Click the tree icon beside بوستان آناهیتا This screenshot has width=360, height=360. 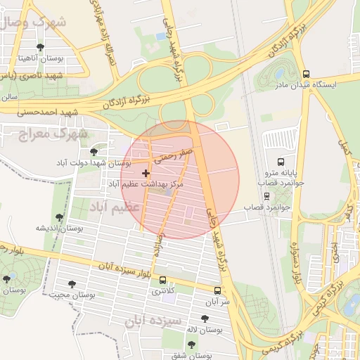(39, 48)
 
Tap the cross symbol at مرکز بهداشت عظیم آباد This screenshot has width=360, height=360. (146, 173)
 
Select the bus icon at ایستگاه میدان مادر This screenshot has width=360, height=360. (305, 73)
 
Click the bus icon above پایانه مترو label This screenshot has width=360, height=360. (281, 161)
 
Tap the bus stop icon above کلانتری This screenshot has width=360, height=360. (163, 280)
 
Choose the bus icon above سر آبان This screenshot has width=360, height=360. (217, 290)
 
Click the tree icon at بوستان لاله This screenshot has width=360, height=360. (205, 319)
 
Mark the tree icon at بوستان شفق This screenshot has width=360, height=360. (191, 345)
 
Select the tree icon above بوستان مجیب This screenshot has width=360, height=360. (71, 284)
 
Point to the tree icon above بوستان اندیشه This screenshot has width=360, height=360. (59, 217)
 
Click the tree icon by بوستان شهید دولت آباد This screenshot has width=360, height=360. (94, 152)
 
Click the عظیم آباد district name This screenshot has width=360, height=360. (115, 207)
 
